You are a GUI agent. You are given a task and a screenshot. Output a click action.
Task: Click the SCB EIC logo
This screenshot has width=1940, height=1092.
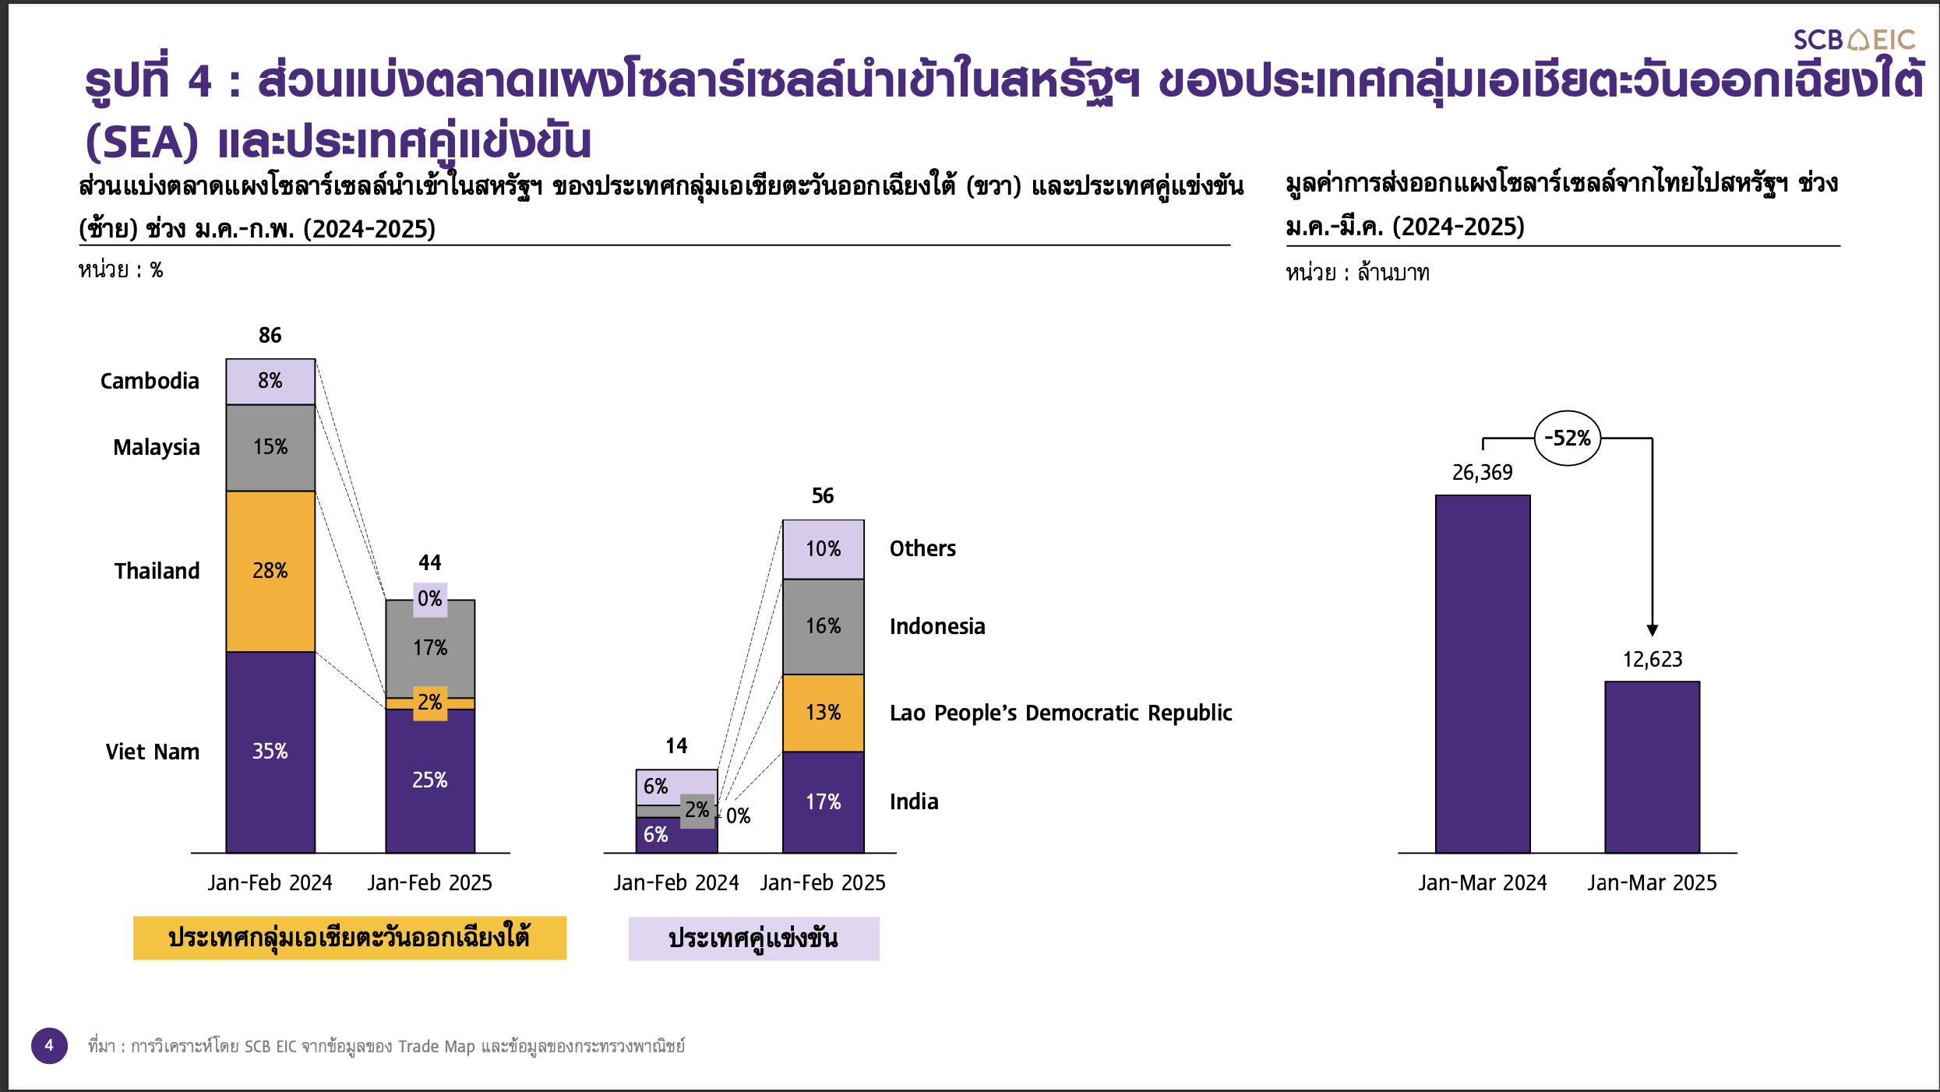click(1854, 40)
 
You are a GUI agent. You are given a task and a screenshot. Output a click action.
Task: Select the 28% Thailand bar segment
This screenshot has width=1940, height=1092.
click(270, 571)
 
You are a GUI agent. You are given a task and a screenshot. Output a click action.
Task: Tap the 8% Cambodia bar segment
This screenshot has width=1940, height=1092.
click(270, 382)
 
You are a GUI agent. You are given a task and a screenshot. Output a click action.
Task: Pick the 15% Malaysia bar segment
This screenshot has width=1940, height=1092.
click(270, 448)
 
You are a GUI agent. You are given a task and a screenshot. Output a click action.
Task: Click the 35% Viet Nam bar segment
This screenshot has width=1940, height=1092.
click(270, 752)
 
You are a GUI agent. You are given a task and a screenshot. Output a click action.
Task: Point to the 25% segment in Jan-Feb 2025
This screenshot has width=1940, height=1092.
click(430, 781)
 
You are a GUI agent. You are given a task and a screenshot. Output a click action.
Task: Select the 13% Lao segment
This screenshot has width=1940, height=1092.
click(824, 713)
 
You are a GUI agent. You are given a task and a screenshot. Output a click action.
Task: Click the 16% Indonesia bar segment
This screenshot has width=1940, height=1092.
click(824, 626)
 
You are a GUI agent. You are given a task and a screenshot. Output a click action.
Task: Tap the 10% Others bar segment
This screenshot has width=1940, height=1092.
click(824, 549)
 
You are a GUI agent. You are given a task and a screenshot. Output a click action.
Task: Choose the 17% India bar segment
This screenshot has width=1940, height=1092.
click(824, 802)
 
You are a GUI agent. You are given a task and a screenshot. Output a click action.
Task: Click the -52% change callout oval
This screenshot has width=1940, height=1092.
click(1568, 439)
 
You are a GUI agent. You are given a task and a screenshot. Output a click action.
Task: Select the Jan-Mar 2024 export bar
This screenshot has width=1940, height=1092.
click(1483, 674)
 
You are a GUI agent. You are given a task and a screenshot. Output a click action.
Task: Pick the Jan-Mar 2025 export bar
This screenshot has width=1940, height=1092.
click(1653, 767)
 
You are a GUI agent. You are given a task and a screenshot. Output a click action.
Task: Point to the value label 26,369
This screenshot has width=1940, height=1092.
click(1483, 473)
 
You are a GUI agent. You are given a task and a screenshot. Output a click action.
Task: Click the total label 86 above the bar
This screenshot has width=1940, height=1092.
click(270, 336)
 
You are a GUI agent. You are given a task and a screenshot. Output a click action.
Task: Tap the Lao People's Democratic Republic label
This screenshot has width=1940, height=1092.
click(1061, 713)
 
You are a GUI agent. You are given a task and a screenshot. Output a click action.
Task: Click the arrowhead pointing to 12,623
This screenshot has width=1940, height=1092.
click(1653, 630)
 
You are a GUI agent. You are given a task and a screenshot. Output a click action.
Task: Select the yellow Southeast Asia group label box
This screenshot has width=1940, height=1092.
click(350, 938)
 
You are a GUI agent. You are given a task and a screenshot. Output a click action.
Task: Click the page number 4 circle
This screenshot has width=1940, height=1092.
click(49, 1045)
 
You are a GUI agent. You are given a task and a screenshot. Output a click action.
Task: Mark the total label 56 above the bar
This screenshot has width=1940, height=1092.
click(823, 496)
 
